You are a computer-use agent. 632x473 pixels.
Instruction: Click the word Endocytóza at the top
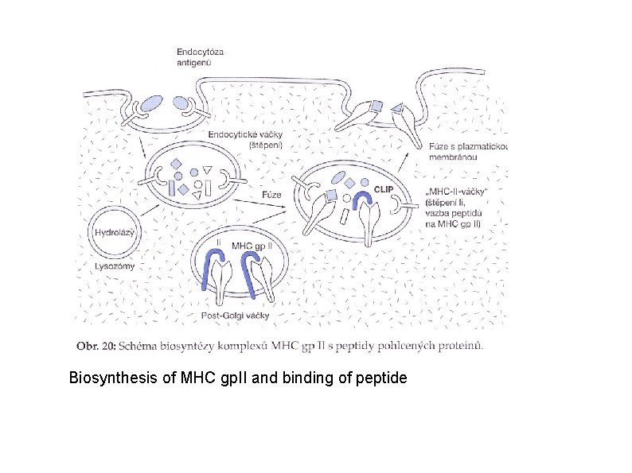coord(201,52)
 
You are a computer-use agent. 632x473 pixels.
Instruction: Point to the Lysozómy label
coord(115,267)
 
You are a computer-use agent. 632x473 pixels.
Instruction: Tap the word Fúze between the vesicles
coord(270,194)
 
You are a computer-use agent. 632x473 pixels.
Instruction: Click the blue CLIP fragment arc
coord(365,196)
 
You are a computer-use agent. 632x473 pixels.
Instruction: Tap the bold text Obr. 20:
coord(96,345)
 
